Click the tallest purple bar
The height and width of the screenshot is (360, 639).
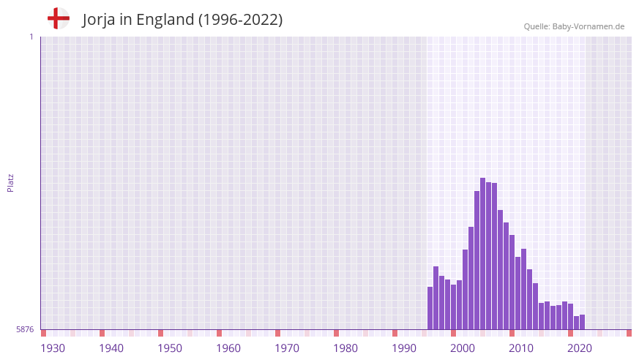point(482,253)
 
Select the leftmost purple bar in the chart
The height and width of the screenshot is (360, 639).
point(430,308)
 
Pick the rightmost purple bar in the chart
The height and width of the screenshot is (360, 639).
point(582,322)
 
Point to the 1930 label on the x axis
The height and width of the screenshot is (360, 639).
point(53,348)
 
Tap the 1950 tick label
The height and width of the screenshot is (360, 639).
point(170,348)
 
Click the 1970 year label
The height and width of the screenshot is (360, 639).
point(287,348)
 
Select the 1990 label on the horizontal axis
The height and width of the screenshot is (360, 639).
point(404,348)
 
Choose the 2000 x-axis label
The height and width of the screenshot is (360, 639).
point(463,348)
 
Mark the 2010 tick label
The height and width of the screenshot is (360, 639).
point(521,348)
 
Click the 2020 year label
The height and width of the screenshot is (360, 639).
point(580,348)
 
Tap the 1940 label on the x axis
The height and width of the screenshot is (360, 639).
point(111,348)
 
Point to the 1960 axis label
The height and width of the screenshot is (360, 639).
point(228,348)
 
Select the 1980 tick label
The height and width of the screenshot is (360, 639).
point(345,348)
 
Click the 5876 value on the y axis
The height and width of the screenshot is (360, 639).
point(25,330)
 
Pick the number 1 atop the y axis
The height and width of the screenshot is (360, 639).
point(31,37)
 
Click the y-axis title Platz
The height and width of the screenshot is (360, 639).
point(10,183)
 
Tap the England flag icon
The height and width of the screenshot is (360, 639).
point(58,19)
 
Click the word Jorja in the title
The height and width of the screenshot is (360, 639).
point(102,20)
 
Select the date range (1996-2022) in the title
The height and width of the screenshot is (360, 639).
point(240,20)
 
